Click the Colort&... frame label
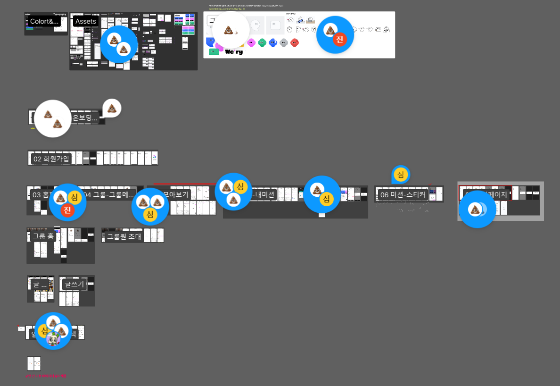click(x=44, y=22)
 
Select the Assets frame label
click(x=86, y=21)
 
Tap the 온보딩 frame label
click(x=85, y=118)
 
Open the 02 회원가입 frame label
click(x=51, y=159)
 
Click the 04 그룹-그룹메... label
click(x=109, y=195)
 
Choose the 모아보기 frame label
click(x=176, y=194)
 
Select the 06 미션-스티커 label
click(x=403, y=195)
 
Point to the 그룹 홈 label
click(x=43, y=236)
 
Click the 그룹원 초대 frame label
click(x=124, y=236)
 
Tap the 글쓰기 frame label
click(x=74, y=284)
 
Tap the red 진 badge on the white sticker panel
click(x=339, y=40)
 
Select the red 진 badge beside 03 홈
click(x=67, y=210)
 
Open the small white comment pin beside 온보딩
click(x=112, y=108)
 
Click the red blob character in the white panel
click(x=295, y=42)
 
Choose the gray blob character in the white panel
click(x=283, y=42)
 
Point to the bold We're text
click(x=234, y=51)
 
